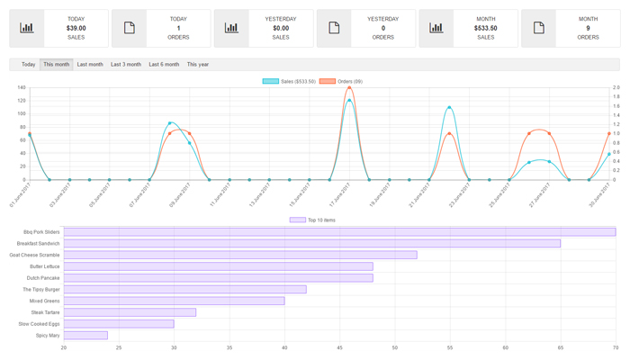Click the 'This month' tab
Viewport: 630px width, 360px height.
(57, 65)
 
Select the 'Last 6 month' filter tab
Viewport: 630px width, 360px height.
(164, 65)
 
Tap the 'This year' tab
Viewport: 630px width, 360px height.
(198, 65)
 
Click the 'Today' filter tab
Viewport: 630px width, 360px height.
(29, 65)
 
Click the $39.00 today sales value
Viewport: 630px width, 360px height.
(76, 28)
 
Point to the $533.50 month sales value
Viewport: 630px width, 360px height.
(486, 28)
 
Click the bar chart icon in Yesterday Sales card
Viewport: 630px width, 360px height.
(231, 28)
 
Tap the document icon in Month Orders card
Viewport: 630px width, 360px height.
(539, 28)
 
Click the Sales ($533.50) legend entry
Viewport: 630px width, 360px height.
(289, 81)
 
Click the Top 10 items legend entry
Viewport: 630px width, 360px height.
(312, 220)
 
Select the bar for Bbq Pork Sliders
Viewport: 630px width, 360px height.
(339, 232)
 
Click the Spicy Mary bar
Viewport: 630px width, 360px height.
(85, 336)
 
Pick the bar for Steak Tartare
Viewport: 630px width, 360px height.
(130, 312)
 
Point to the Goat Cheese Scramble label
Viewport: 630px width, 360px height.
(35, 255)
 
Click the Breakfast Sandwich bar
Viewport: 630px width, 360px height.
(311, 243)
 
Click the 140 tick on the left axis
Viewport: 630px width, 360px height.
(21, 88)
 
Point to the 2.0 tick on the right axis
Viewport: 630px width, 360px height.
(616, 88)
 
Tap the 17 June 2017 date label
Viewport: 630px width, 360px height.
(338, 193)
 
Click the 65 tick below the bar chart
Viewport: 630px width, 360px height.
(560, 347)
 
